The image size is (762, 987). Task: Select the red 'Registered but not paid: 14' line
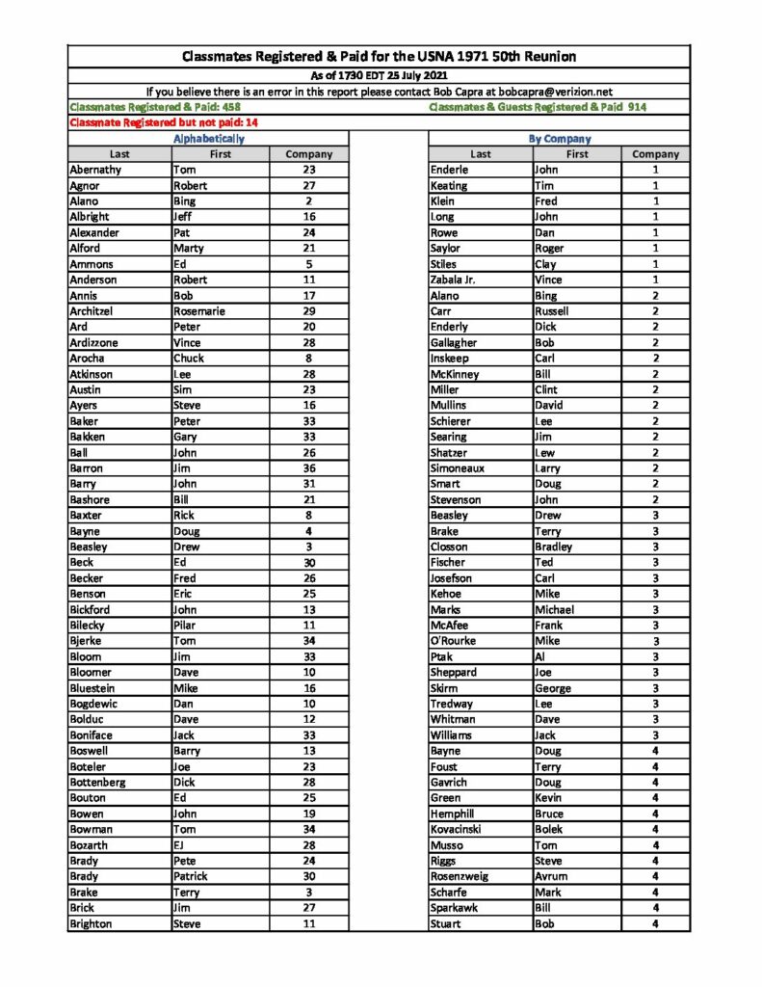click(164, 122)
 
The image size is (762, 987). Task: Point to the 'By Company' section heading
click(560, 139)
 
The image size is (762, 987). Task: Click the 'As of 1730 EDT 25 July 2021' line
click(379, 75)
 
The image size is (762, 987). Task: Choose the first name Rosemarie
click(199, 311)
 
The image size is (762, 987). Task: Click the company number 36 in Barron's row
click(309, 468)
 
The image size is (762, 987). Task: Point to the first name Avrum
click(551, 876)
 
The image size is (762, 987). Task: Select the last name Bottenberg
click(98, 782)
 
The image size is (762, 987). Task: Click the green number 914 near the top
click(637, 107)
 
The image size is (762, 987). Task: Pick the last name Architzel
click(93, 311)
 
